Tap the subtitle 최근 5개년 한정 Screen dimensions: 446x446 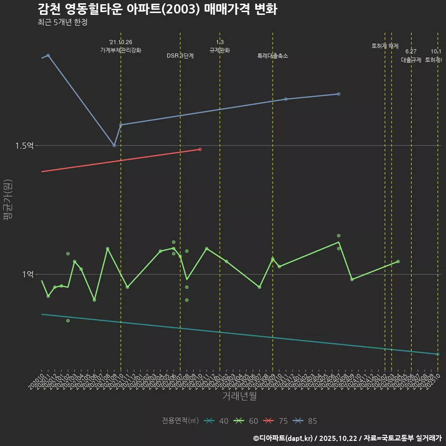click(x=62, y=22)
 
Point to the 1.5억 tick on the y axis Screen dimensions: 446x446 click(x=24, y=146)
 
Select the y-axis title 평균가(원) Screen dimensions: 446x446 click(x=7, y=200)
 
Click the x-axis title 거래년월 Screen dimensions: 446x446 click(x=239, y=396)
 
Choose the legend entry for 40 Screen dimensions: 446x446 click(x=216, y=421)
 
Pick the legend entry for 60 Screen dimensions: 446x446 click(x=246, y=421)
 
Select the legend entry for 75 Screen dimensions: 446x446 click(x=276, y=421)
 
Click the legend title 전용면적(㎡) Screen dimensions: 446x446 click(x=180, y=421)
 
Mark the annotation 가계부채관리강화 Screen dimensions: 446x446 click(x=121, y=50)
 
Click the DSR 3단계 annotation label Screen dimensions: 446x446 click(x=180, y=56)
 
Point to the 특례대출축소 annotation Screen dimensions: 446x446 click(x=273, y=56)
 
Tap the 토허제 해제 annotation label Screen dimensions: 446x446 click(x=385, y=46)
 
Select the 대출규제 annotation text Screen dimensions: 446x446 click(x=411, y=60)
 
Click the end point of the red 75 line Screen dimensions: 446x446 click(x=200, y=149)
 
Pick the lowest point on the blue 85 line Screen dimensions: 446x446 click(x=114, y=145)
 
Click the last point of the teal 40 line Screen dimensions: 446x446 click(x=438, y=354)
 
